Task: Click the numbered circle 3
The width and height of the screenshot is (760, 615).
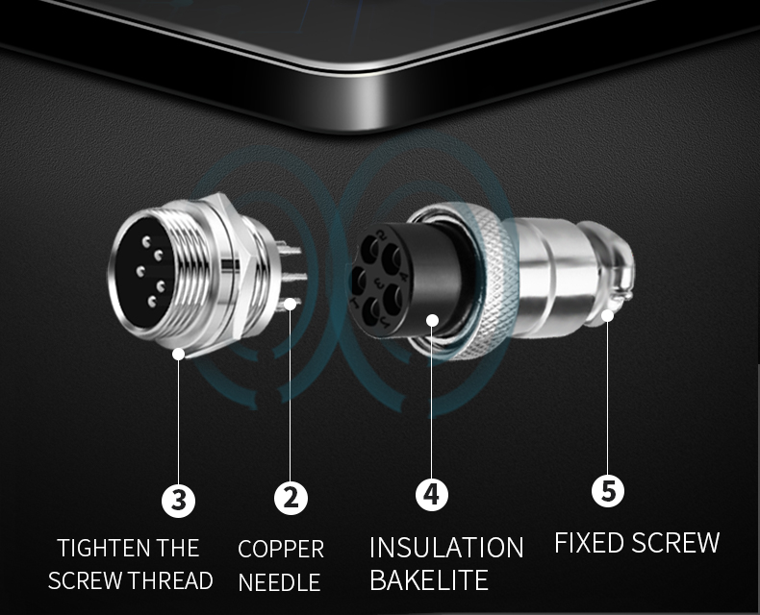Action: coord(178,500)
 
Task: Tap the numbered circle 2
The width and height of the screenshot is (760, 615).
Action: coord(291,498)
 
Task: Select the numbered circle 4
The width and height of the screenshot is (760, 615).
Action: coord(431,494)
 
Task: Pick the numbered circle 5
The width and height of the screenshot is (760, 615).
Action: coord(608,490)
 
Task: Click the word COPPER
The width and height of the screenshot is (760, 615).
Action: coord(281,549)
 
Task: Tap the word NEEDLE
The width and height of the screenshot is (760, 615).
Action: coord(280,582)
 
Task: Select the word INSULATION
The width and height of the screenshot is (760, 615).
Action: coord(446,548)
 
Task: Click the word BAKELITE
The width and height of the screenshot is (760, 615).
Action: coord(429,579)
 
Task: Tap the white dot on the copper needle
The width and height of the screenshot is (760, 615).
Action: coord(290,304)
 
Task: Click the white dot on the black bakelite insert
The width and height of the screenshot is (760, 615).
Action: coord(432,320)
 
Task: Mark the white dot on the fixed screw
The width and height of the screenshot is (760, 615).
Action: coord(607,316)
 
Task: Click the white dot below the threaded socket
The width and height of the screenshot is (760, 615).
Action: coord(178,354)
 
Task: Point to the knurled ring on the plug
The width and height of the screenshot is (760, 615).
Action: coord(490,281)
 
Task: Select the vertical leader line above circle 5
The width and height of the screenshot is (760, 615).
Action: coord(607,398)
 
